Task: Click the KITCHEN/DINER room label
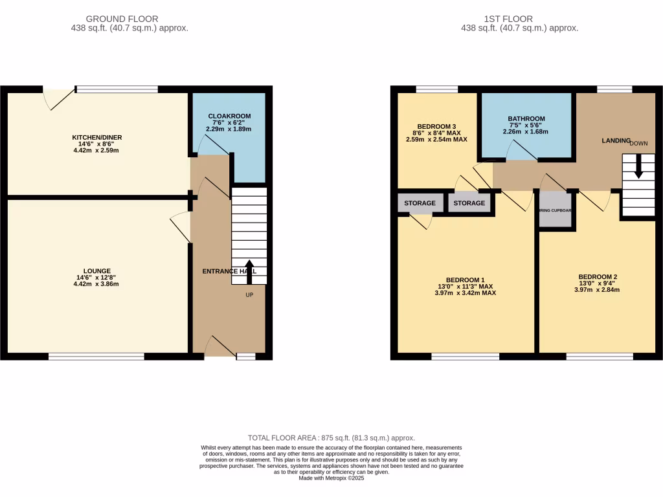pos(97,138)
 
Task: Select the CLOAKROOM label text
pos(229,116)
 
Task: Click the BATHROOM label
pos(526,119)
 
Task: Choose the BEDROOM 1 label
pos(465,280)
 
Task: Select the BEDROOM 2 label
pos(598,277)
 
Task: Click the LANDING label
pos(616,140)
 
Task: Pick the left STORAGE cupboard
pos(420,203)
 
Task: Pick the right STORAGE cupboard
pos(469,203)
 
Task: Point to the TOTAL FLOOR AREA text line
pos(331,438)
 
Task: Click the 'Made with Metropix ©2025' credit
pos(331,478)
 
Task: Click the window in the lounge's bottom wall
pos(96,356)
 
